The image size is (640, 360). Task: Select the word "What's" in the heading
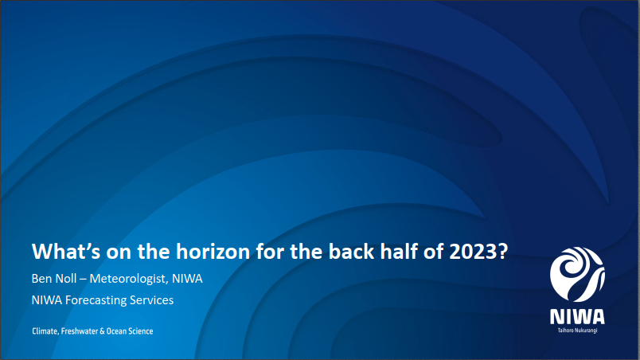tap(66, 252)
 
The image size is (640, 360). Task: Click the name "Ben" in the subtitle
tap(41, 279)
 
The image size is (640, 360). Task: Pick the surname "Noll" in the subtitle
tap(66, 279)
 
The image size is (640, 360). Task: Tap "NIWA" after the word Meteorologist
tap(187, 279)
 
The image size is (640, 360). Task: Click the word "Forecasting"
tap(96, 300)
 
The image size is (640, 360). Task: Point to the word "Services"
tap(152, 300)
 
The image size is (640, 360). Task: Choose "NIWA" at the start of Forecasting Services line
tap(47, 300)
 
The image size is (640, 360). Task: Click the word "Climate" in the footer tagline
tap(45, 331)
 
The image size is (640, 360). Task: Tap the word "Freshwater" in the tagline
tap(79, 331)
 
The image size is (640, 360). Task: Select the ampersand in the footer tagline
tap(102, 331)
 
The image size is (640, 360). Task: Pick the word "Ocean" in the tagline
tap(116, 331)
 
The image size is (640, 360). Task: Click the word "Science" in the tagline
tap(141, 331)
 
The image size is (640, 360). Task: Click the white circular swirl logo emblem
tap(577, 274)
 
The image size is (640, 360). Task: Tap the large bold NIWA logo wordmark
tap(577, 317)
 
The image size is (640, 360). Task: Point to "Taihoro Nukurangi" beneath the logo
tap(577, 331)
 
